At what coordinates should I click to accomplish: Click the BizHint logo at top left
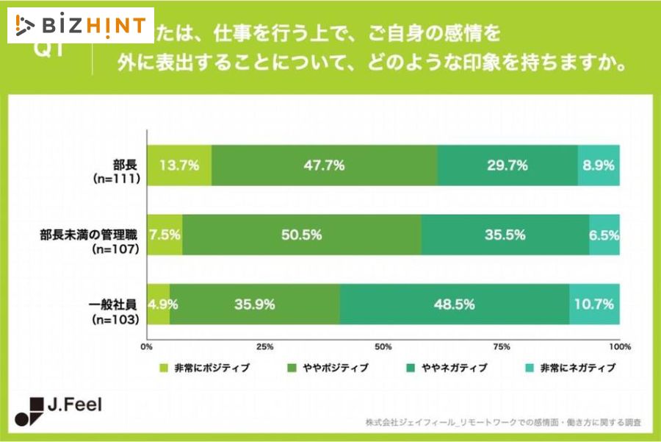81,26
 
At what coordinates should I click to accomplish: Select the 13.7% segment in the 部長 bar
180,165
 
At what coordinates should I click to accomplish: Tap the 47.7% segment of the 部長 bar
325,165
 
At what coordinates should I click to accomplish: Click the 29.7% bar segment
508,165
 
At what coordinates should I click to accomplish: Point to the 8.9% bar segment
598,165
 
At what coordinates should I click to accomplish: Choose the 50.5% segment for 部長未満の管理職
302,235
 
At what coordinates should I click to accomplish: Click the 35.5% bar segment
505,235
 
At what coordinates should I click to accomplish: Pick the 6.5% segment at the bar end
604,235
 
